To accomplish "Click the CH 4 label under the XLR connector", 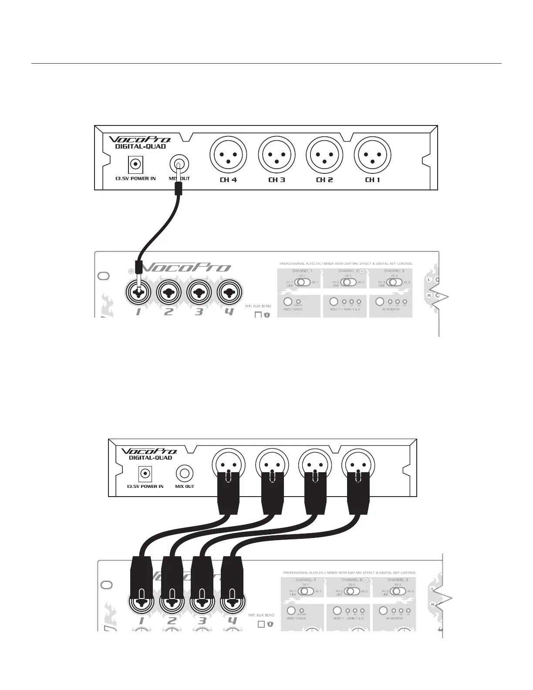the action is coord(228,179).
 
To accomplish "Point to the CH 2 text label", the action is coord(324,179).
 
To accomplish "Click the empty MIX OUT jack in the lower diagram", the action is coord(185,473).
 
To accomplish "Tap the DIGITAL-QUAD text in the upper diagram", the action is coord(140,146).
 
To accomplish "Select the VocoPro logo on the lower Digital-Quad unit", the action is coord(149,451).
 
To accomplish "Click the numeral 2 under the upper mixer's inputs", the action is coord(169,311).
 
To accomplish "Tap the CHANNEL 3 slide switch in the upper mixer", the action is coord(395,282).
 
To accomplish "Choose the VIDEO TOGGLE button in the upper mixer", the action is coord(288,301).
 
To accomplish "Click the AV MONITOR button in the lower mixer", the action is coord(383,610).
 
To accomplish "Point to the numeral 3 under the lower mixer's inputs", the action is coord(202,621).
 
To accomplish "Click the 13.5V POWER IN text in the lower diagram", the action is coord(145,486).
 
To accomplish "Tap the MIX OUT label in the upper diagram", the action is coord(179,179).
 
